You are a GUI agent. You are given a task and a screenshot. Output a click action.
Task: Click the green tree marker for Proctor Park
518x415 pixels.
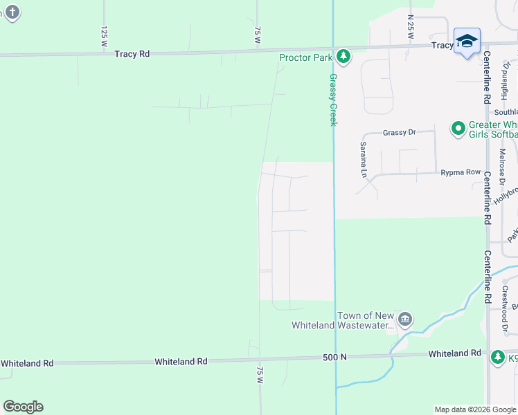pyautogui.click(x=343, y=56)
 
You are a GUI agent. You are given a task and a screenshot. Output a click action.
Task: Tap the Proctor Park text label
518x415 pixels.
pyautogui.click(x=306, y=57)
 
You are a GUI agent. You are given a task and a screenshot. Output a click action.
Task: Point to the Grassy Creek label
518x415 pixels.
pyautogui.click(x=333, y=100)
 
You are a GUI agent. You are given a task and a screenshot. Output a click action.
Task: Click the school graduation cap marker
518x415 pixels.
pyautogui.click(x=467, y=41)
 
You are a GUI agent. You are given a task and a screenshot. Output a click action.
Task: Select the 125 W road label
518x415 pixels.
pyautogui.click(x=105, y=36)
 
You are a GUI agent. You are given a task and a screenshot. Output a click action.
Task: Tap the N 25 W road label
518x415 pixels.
pyautogui.click(x=411, y=26)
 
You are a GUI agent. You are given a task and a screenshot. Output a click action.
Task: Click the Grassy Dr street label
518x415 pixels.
pyautogui.click(x=399, y=131)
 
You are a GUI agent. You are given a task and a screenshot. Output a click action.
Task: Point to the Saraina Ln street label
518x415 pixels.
pyautogui.click(x=362, y=160)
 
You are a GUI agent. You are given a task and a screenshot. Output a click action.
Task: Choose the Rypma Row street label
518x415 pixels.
pyautogui.click(x=461, y=172)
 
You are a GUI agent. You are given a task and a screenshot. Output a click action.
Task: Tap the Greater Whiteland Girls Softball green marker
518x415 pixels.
pyautogui.click(x=458, y=128)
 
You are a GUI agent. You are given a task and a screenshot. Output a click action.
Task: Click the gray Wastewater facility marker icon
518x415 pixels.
pyautogui.click(x=405, y=320)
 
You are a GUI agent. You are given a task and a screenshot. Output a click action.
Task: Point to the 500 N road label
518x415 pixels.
pyautogui.click(x=334, y=357)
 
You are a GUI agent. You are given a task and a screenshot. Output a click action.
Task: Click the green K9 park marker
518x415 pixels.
pyautogui.click(x=497, y=358)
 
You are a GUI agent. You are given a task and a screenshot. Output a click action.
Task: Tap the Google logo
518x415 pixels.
pyautogui.click(x=23, y=407)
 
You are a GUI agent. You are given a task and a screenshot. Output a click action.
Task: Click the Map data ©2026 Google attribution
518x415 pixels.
pyautogui.click(x=474, y=409)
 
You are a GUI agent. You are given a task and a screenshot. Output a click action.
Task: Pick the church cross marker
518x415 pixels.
pyautogui.click(x=13, y=12)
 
